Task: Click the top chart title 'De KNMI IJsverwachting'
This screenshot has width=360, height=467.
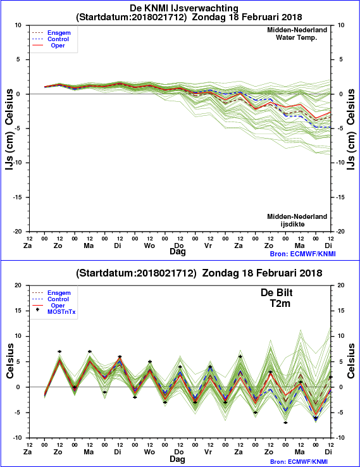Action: (x=184, y=8)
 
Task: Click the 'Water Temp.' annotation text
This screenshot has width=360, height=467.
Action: (x=297, y=37)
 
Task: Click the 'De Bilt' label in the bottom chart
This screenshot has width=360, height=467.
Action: (x=276, y=292)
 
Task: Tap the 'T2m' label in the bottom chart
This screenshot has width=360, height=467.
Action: (x=280, y=303)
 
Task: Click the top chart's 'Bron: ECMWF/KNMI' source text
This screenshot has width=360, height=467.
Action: (x=303, y=254)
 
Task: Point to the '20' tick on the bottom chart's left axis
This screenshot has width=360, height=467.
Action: (x=18, y=285)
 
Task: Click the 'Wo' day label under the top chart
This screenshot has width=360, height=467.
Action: (x=149, y=246)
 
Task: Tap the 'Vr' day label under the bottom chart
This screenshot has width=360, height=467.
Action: (x=208, y=452)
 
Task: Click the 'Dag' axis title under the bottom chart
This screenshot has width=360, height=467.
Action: (x=177, y=459)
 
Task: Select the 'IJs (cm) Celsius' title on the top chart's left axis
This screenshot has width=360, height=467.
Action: (x=9, y=130)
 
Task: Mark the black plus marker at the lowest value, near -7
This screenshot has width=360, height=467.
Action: (x=285, y=423)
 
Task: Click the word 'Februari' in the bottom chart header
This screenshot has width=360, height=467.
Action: (x=276, y=273)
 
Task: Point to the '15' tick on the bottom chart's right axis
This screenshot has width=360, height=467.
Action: (x=340, y=311)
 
